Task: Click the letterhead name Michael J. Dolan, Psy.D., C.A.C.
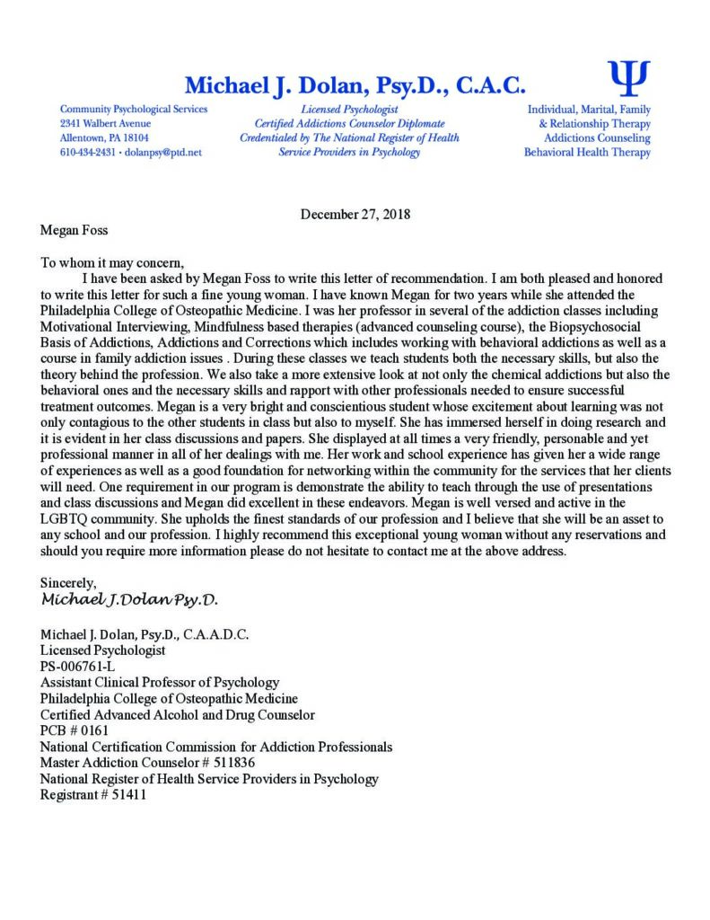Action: tap(355, 86)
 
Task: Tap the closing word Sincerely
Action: tap(68, 582)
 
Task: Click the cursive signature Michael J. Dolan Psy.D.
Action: tap(129, 598)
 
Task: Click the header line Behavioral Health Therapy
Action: tap(587, 153)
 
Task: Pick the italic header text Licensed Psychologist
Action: tap(349, 109)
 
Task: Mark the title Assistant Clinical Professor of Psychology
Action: tap(160, 682)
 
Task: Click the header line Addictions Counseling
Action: tap(597, 138)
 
